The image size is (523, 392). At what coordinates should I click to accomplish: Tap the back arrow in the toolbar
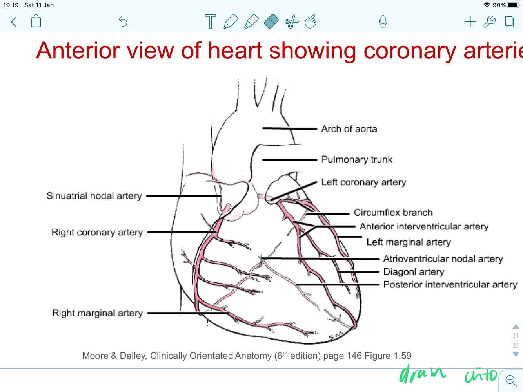point(14,22)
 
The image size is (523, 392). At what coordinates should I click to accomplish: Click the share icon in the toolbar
point(36,21)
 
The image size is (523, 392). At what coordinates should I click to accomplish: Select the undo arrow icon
point(123,22)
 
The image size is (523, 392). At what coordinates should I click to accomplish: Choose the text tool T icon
point(210,22)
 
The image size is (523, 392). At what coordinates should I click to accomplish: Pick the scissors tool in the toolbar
point(292,22)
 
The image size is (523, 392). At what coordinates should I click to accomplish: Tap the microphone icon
point(383,22)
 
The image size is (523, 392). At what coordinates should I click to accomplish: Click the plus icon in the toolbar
point(470,22)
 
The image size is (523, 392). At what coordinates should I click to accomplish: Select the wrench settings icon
point(489,22)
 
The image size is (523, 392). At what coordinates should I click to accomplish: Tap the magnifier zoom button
point(511,380)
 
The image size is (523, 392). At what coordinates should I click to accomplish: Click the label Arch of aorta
point(349,129)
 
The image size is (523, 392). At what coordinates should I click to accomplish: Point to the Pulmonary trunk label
point(357,159)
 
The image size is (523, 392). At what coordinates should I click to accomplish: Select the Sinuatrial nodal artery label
point(94,196)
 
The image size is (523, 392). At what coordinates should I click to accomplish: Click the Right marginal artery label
point(97,313)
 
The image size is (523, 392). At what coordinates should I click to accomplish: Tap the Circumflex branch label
point(393,213)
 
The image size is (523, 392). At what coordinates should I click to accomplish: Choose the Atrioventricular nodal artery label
point(443,259)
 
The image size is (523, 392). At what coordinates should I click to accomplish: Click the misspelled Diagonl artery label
point(414,272)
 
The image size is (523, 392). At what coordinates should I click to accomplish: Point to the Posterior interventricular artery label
point(450,285)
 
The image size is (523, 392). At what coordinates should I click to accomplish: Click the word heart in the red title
point(234,51)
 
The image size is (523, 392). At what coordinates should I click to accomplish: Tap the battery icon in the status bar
point(513,5)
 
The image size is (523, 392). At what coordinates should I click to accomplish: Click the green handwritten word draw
point(422,374)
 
